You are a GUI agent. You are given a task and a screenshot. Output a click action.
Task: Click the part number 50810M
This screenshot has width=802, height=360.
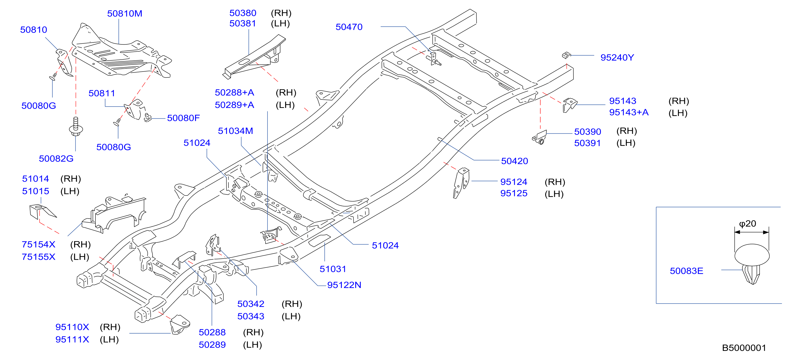pos(125,14)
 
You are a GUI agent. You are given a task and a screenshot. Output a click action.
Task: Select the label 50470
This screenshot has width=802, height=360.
pos(349,27)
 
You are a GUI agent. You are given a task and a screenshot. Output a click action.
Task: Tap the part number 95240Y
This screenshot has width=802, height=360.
pos(617,58)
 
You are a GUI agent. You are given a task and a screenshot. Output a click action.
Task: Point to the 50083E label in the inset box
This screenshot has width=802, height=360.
pos(686,271)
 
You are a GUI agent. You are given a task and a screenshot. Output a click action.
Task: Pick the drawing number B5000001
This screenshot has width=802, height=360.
pos(744,348)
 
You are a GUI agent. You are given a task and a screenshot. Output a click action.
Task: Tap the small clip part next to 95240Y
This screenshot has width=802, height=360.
pos(566,56)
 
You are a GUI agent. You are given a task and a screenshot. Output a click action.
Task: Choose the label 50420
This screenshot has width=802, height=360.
pos(514,161)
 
